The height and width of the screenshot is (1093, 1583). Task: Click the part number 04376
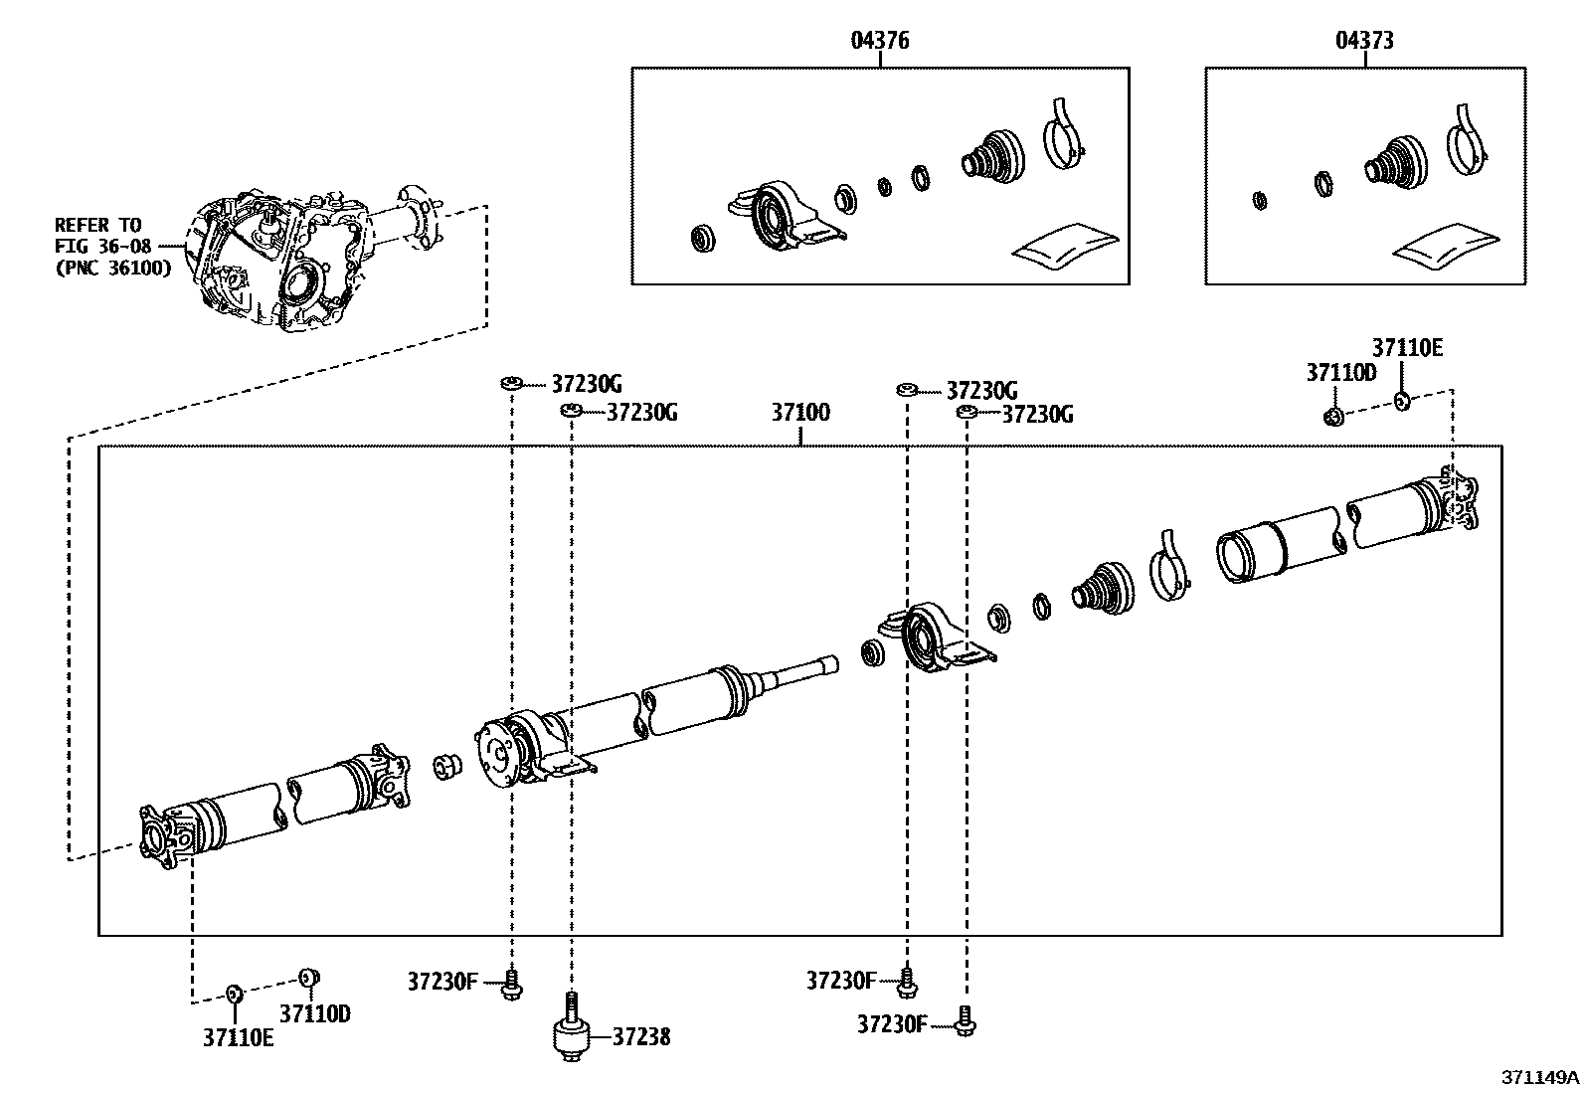click(x=880, y=41)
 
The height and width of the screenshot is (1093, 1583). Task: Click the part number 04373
click(x=1364, y=41)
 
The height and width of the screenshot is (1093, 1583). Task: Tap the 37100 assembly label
click(x=800, y=412)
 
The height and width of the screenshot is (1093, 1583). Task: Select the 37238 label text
click(x=640, y=1037)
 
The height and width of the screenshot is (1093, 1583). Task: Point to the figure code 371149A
click(x=1540, y=1078)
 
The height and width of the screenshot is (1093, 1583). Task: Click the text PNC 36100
click(x=114, y=268)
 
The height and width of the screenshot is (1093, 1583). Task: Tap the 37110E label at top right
click(x=1407, y=348)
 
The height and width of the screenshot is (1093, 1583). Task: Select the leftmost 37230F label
click(x=442, y=982)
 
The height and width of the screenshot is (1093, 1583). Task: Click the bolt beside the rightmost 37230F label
click(x=965, y=1021)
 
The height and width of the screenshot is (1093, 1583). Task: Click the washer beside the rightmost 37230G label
click(x=964, y=411)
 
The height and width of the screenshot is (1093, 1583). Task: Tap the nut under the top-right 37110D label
click(x=1335, y=416)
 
